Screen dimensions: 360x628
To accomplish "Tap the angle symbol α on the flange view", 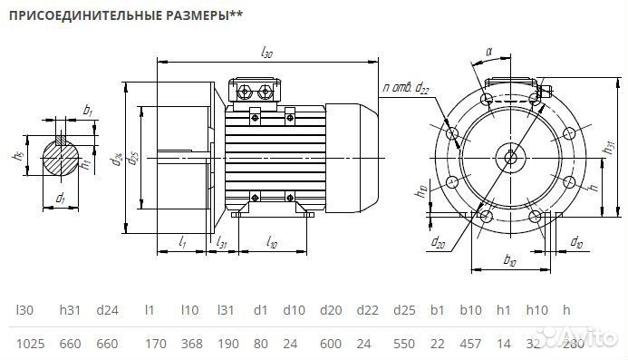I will click(x=488, y=52).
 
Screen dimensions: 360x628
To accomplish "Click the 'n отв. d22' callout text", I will click(x=406, y=87).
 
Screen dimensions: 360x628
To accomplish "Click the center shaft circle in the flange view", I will click(x=511, y=156).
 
